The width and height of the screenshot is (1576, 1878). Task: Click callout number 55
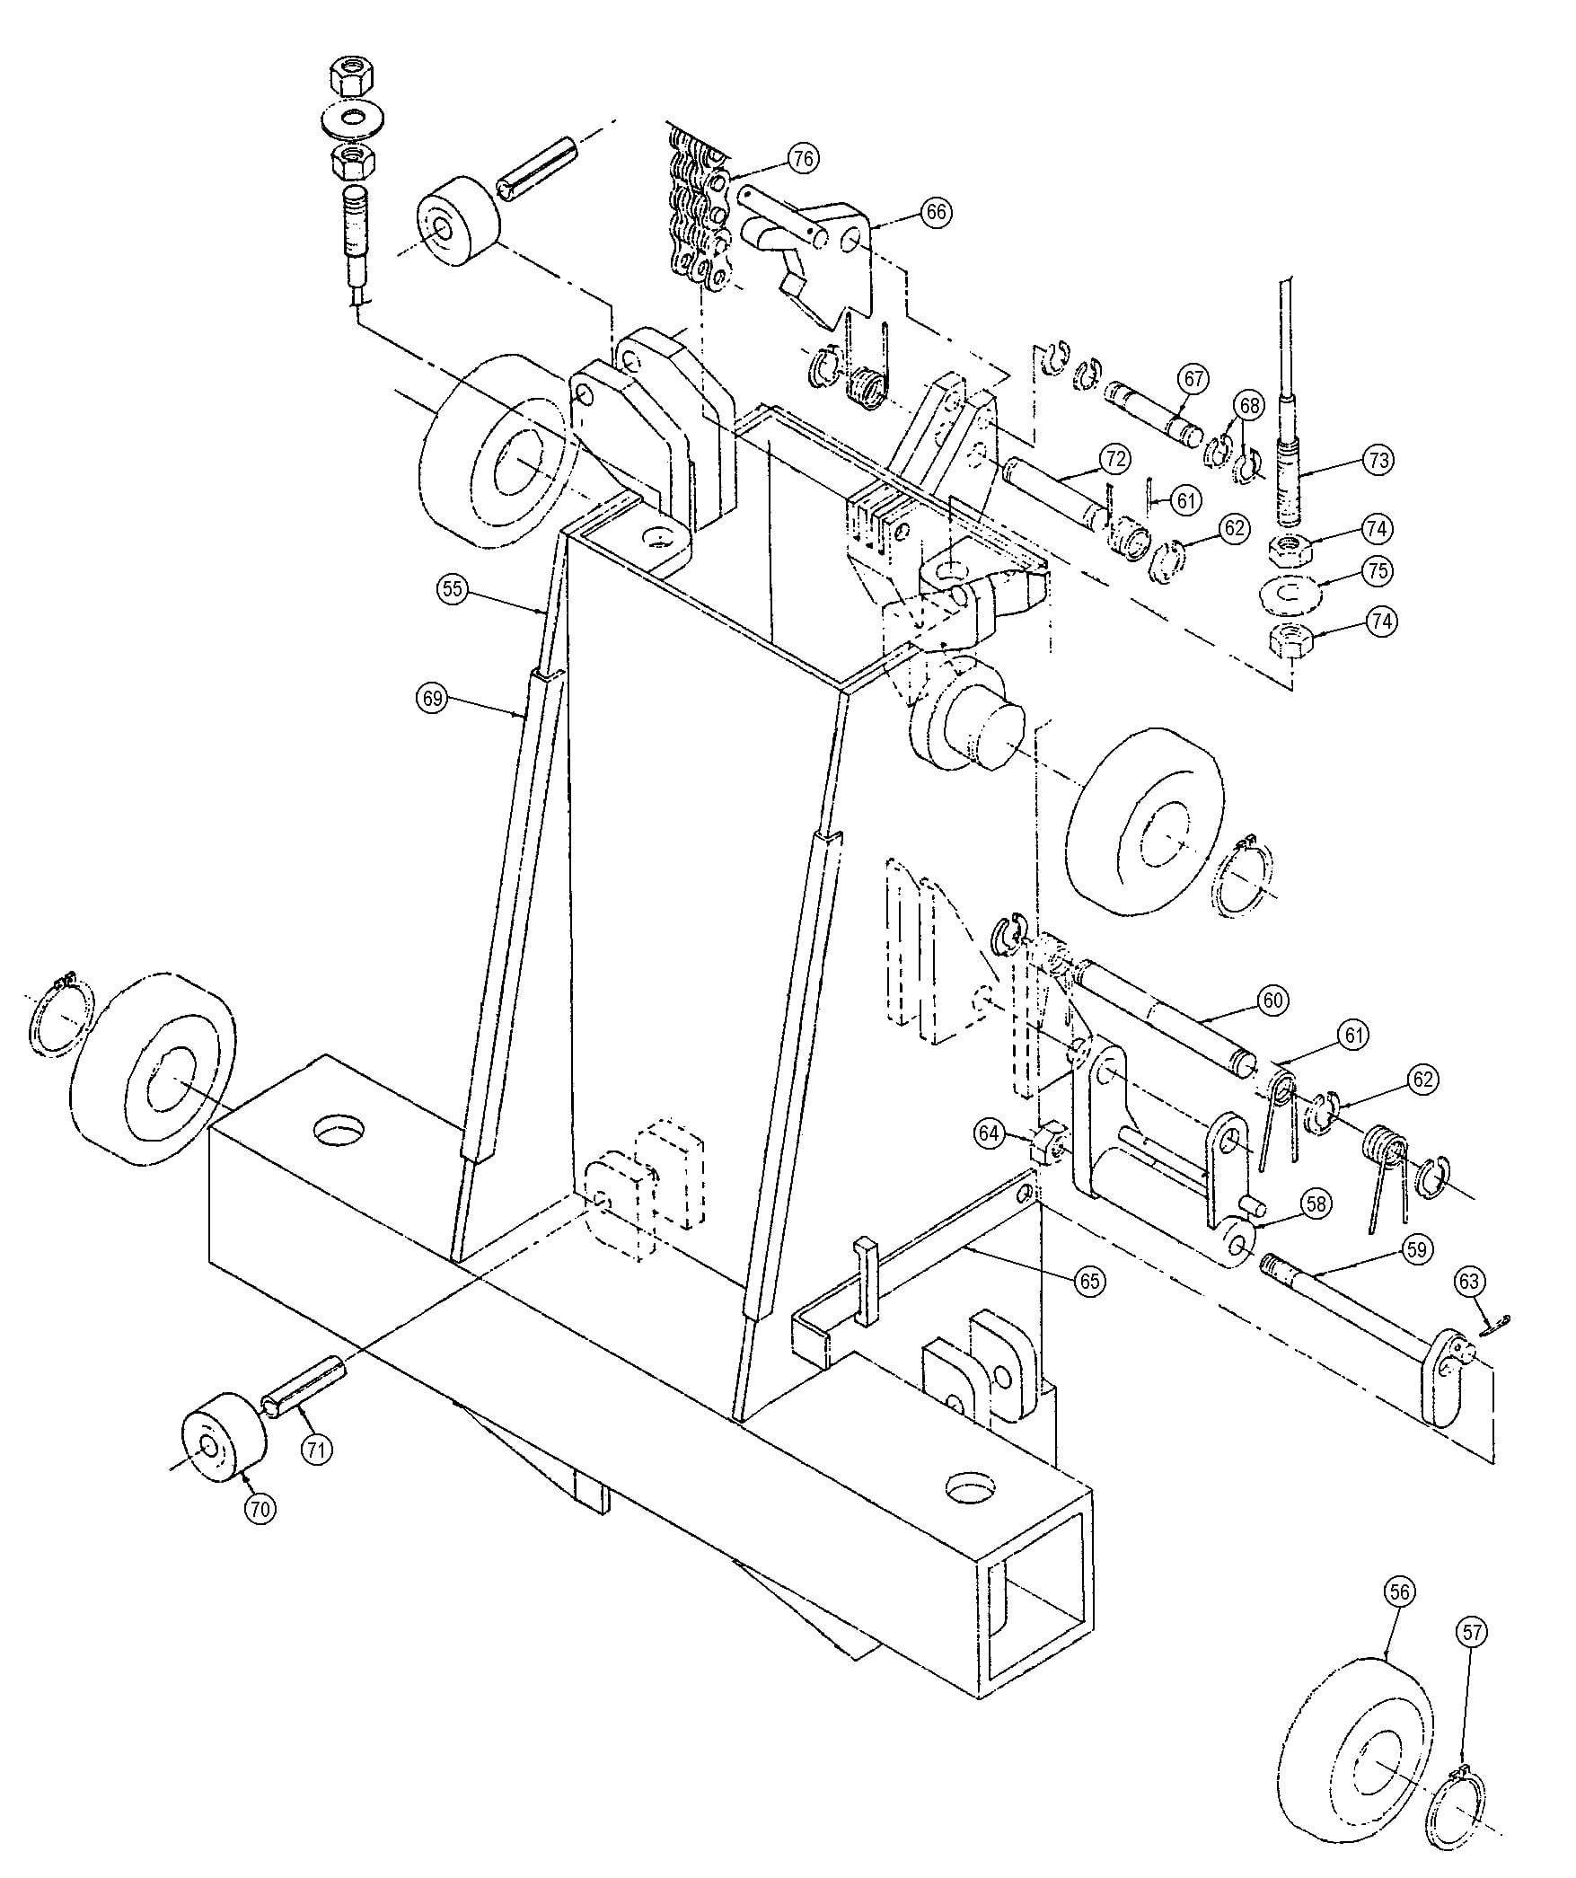453,590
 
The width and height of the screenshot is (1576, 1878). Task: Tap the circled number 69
433,699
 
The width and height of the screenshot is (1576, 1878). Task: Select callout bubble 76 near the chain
802,159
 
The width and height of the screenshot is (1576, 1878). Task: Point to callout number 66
935,212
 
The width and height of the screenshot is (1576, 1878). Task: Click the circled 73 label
1378,460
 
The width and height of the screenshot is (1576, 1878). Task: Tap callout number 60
1273,1000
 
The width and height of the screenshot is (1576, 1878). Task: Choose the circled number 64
989,1133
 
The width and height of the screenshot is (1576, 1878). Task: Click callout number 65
1089,1281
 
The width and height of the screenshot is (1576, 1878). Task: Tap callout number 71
315,1448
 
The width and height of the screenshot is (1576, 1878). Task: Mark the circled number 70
260,1509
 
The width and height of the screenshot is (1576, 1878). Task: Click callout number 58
1317,1204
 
